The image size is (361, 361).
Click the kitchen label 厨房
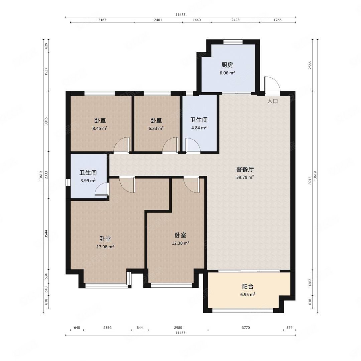[227, 65]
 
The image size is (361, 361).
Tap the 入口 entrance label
[273, 101]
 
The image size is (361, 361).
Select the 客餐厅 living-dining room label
[245, 169]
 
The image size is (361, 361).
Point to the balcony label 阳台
[248, 287]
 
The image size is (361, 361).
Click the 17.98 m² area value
[105, 247]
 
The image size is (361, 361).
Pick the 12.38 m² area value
[180, 243]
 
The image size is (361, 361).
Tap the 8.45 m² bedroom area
[100, 128]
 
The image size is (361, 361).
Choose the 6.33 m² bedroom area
[156, 128]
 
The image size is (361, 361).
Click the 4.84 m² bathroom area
[199, 128]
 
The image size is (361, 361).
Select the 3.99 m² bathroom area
[88, 181]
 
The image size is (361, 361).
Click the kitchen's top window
[233, 42]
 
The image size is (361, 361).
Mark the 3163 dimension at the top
[102, 20]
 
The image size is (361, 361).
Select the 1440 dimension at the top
[197, 20]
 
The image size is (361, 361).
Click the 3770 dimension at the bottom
[246, 327]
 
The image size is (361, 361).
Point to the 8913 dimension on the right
[310, 180]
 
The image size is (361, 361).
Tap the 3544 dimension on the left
[46, 234]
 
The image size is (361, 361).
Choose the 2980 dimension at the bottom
[178, 327]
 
